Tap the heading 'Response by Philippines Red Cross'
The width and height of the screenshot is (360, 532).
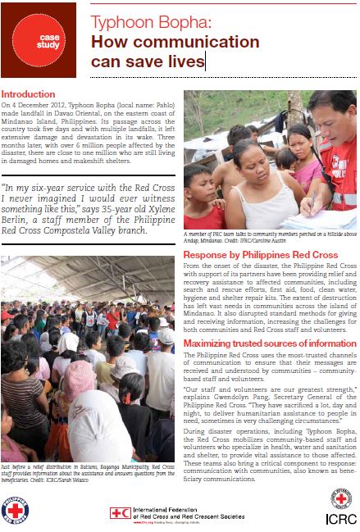point(260,255)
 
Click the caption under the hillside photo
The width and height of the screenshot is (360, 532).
point(262,238)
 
